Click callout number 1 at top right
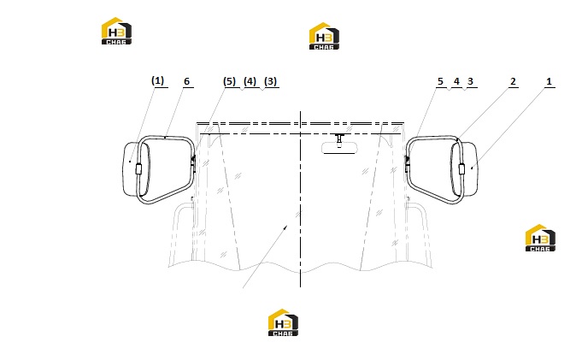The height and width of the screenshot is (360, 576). pyautogui.click(x=549, y=81)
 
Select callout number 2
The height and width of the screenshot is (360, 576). pyautogui.click(x=513, y=81)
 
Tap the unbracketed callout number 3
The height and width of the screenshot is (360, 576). pyautogui.click(x=470, y=81)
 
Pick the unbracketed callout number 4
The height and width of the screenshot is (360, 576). pyautogui.click(x=456, y=81)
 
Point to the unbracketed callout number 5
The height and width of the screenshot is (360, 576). pyautogui.click(x=440, y=81)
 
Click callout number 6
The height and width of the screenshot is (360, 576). pyautogui.click(x=186, y=81)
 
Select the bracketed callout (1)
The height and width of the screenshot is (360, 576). pyautogui.click(x=157, y=80)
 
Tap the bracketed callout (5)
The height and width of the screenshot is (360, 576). pyautogui.click(x=230, y=81)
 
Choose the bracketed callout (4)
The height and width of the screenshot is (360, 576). pyautogui.click(x=250, y=81)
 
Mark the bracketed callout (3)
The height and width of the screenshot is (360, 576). pyautogui.click(x=271, y=81)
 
